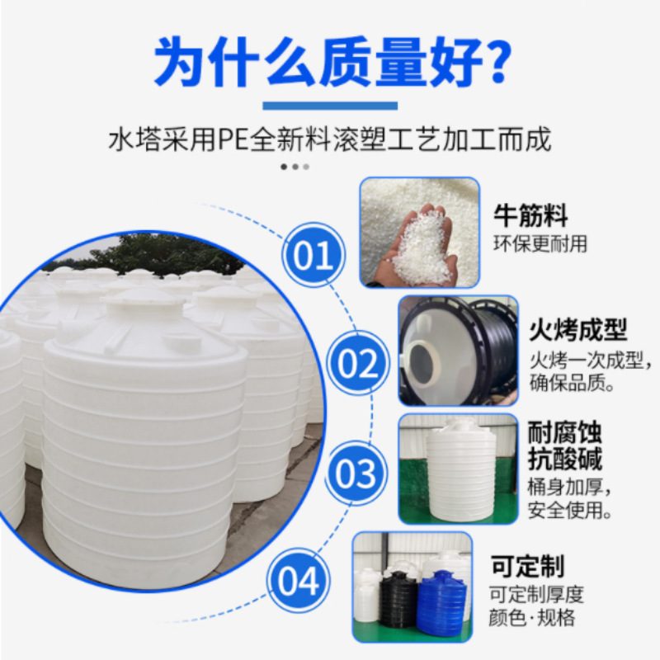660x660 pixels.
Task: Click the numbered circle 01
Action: [x=313, y=256]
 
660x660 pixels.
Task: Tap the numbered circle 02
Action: [x=358, y=364]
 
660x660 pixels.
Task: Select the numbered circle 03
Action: [x=357, y=474]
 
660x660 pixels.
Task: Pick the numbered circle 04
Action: [x=298, y=581]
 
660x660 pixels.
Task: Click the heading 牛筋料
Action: [x=530, y=217]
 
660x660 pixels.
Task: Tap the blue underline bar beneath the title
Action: [x=330, y=106]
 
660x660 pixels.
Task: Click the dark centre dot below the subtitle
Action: [x=284, y=166]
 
